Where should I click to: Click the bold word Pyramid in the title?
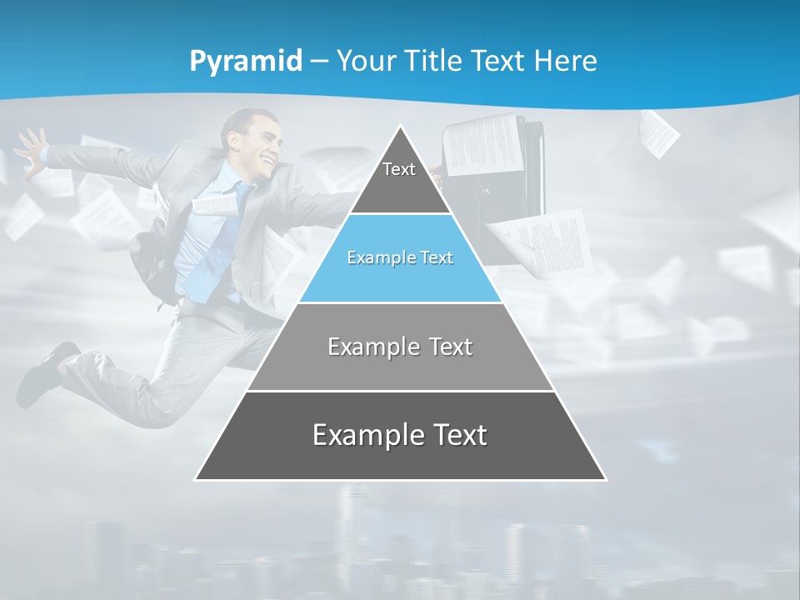coord(245,62)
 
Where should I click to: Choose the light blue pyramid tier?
coord(400,258)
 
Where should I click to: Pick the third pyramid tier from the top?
coord(400,347)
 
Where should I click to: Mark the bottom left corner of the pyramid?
coord(197,479)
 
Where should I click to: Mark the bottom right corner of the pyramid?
coord(605,479)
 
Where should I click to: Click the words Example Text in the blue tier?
coord(400,258)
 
